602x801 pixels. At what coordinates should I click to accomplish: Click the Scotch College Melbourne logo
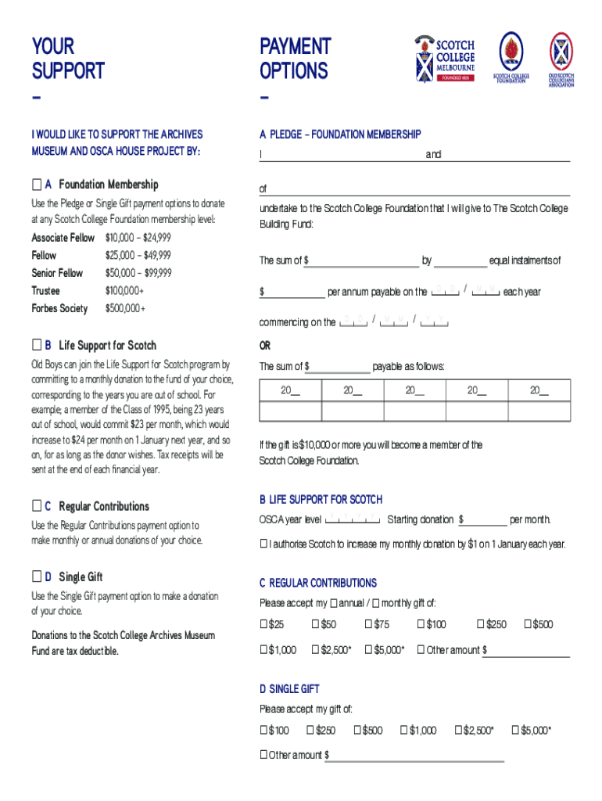[443, 59]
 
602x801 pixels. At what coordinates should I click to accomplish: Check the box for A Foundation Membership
[36, 185]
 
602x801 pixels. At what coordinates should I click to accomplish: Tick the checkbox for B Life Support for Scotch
[36, 345]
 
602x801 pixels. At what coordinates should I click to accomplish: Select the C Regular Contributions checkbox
[36, 506]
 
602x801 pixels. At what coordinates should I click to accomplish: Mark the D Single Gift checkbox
[36, 577]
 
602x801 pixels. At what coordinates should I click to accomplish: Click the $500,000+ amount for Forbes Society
[125, 308]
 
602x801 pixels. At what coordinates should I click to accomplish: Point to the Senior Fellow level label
[57, 273]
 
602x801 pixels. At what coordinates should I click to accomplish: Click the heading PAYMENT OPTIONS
[295, 59]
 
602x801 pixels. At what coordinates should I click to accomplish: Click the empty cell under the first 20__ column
[290, 411]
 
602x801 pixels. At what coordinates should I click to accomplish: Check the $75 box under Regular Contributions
[368, 624]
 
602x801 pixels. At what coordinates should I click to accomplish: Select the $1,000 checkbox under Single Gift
[403, 731]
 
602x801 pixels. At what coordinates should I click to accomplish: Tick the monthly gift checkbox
[376, 603]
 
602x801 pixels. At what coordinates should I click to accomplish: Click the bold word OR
[265, 346]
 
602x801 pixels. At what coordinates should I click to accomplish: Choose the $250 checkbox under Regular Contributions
[481, 624]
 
